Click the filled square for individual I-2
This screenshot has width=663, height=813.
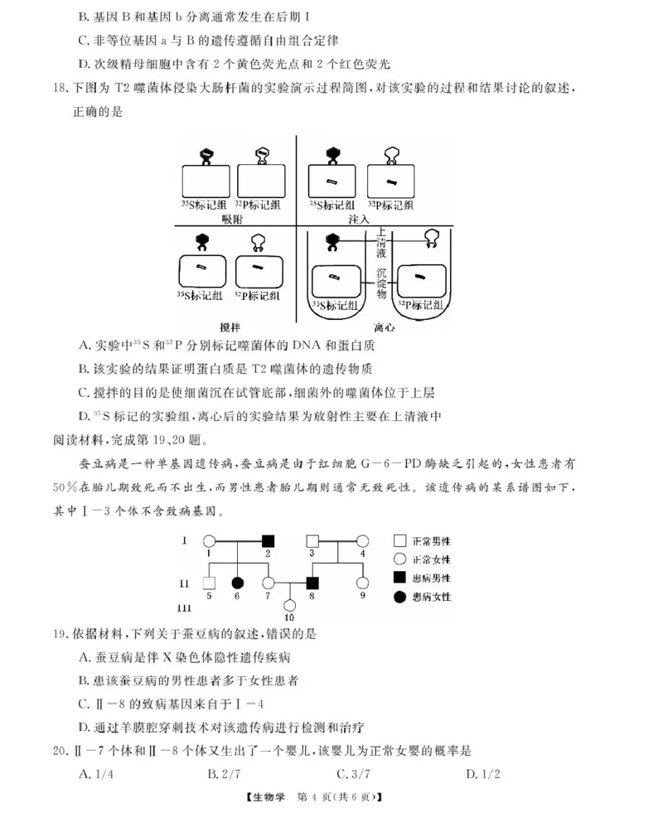tap(269, 540)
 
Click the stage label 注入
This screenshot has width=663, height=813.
tap(359, 218)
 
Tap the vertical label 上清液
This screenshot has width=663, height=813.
tap(382, 245)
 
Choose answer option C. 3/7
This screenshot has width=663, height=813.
tap(355, 774)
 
